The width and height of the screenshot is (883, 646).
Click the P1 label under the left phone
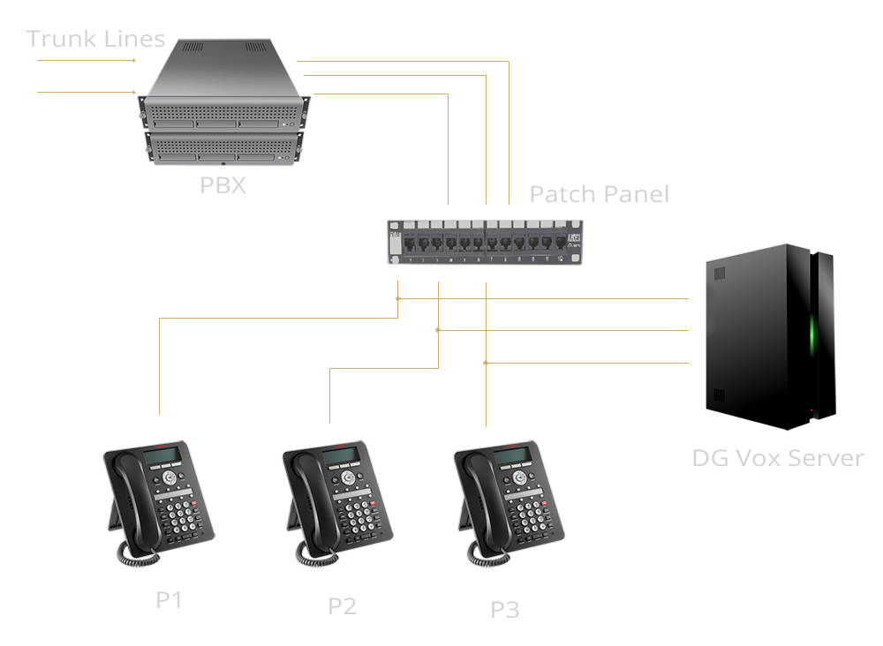[x=169, y=600]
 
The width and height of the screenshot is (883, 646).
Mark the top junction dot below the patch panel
[x=398, y=299]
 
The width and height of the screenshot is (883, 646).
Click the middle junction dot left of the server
[x=438, y=330]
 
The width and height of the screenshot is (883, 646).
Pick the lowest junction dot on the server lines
[x=486, y=363]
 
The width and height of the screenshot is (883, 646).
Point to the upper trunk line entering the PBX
[x=84, y=61]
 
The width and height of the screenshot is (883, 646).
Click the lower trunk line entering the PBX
[x=84, y=92]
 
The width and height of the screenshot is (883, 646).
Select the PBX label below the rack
[x=223, y=185]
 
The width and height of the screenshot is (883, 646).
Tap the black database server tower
[x=768, y=335]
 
